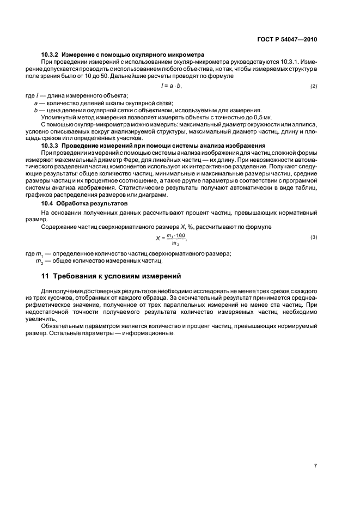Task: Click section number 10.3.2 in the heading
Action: (51, 54)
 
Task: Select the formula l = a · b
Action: (171, 86)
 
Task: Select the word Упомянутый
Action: (59, 117)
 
